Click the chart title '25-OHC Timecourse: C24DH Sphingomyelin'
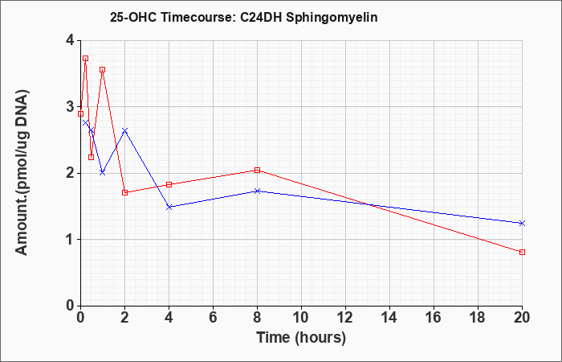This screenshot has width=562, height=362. point(244,17)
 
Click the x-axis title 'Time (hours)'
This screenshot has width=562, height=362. point(301,338)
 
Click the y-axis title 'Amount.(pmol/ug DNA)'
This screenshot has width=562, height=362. point(22,173)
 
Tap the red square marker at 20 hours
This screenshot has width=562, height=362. point(522,252)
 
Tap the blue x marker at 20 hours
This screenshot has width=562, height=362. point(522,223)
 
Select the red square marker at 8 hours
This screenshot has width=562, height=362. point(257,170)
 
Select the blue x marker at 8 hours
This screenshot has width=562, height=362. point(257,191)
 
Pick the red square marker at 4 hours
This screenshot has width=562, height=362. point(169,184)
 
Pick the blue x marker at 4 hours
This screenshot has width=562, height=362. point(169,207)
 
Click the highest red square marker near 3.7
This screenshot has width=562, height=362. point(85,58)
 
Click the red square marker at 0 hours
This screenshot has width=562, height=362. point(80,113)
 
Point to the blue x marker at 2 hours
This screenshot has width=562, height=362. point(124,130)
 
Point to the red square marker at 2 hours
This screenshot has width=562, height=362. point(124,192)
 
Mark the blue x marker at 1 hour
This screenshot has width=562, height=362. point(103,172)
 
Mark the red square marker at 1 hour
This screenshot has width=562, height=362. point(103,69)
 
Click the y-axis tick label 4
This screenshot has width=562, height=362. point(70,40)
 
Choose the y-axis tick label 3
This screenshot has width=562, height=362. point(70,107)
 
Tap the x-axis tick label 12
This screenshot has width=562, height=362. point(345,318)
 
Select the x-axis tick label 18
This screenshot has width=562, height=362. point(478,318)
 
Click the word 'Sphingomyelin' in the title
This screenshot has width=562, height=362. point(332,18)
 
